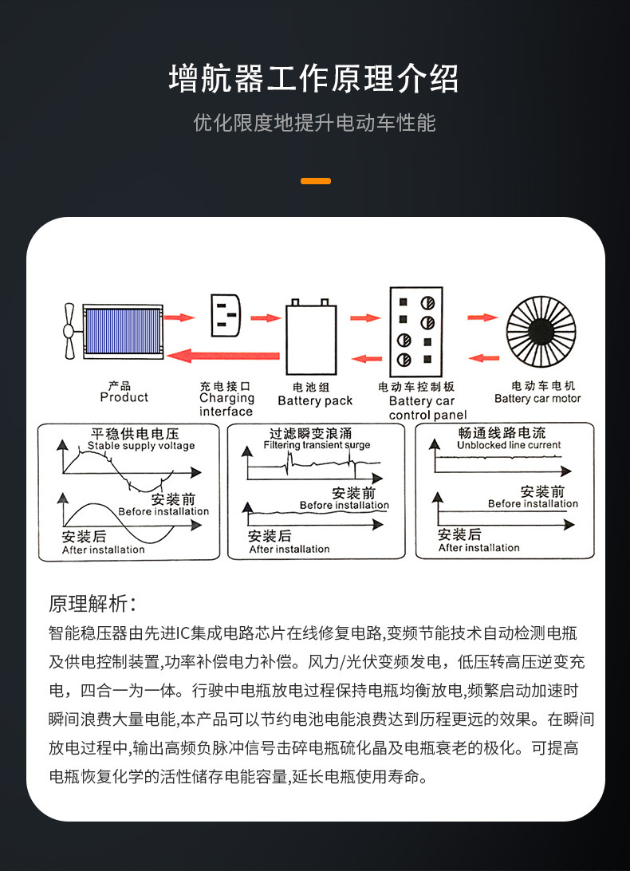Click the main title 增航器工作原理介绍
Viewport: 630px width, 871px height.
314,79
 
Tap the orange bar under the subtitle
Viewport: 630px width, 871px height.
315,181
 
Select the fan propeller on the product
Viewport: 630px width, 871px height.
69,331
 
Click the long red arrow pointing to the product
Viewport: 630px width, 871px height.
226,355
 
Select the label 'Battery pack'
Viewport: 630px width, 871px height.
314,401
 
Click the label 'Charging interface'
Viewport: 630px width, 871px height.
226,404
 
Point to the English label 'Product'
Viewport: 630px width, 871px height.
124,397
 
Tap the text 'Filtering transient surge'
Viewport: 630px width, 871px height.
317,445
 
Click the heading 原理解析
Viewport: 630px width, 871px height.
93,603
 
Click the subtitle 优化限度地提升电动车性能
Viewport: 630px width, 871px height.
314,123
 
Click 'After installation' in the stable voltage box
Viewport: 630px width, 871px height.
104,550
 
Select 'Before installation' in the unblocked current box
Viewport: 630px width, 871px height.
533,503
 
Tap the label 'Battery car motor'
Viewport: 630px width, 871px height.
537,399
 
